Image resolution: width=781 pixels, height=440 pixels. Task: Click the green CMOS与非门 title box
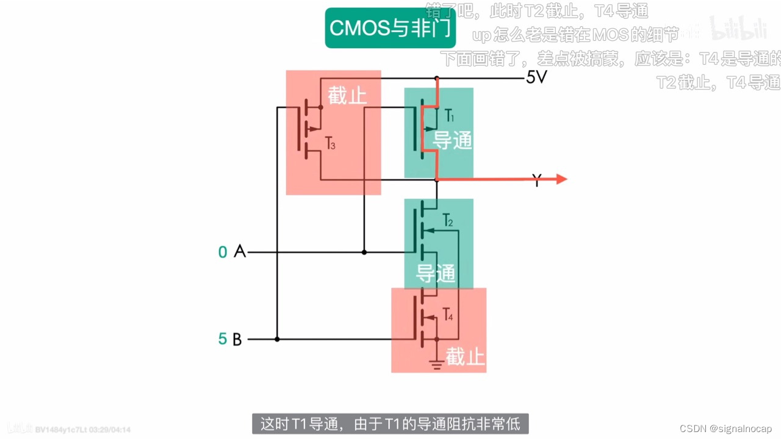tap(390, 28)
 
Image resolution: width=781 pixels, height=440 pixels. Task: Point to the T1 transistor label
tap(448, 115)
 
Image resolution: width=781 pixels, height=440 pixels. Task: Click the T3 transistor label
tap(330, 145)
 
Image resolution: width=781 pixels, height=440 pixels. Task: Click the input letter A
tap(240, 251)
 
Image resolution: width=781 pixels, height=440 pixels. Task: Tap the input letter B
tap(237, 339)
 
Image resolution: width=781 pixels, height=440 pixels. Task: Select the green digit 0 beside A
tap(223, 251)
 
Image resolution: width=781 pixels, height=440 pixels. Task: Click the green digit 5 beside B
tap(223, 339)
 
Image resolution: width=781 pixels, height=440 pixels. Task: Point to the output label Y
tap(536, 181)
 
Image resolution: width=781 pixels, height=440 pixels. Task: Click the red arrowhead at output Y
tap(561, 179)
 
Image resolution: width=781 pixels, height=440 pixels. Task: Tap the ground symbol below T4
tap(436, 365)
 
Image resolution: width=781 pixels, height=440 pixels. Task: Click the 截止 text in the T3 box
tap(347, 96)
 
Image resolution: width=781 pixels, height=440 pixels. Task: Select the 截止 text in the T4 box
tap(465, 356)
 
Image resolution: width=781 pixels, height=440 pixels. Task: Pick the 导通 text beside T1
tap(452, 140)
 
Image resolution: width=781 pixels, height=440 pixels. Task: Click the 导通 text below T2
tap(436, 273)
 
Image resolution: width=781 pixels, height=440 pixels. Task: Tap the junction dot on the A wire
tap(364, 251)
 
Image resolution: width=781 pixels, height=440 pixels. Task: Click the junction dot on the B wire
tap(277, 339)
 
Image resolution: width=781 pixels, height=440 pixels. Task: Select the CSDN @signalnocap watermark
tap(725, 428)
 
